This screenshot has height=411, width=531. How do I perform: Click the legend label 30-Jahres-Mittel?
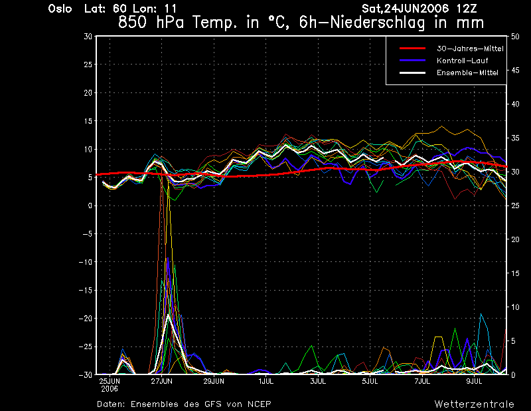coord(470,49)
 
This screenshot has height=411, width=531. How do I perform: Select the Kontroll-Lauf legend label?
coord(462,61)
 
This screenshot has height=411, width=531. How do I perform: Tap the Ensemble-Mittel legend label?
coord(467,72)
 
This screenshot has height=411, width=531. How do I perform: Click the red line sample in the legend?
coord(412,49)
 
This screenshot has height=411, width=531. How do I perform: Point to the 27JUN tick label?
coord(161,381)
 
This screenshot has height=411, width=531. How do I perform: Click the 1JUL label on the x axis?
coord(266,381)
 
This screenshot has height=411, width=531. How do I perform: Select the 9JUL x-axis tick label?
coord(474,381)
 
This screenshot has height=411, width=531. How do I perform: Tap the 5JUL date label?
coord(370,381)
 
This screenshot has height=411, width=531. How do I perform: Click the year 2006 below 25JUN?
coord(110,389)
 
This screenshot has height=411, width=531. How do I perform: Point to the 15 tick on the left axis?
coord(88,121)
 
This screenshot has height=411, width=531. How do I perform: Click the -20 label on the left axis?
coord(86,319)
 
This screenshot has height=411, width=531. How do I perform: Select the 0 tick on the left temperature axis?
coord(90,205)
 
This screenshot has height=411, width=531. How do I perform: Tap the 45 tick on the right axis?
coord(515,70)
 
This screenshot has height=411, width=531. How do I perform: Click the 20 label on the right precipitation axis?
coord(515,239)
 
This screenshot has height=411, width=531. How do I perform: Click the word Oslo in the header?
coord(60,9)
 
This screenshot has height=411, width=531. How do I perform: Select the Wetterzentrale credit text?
coord(474,404)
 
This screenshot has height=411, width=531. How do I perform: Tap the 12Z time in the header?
coord(467,9)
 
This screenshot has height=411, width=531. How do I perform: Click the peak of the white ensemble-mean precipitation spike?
coord(168,315)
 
